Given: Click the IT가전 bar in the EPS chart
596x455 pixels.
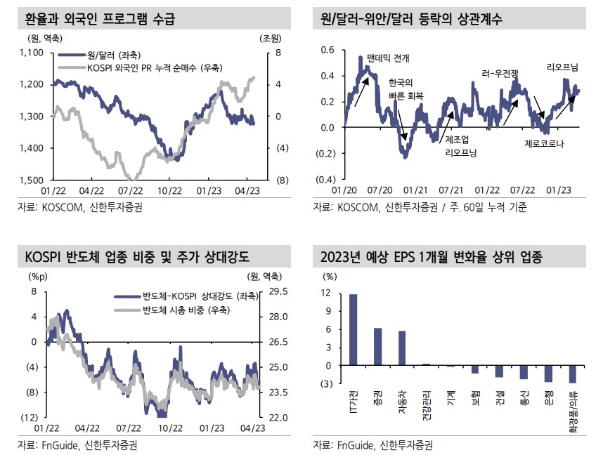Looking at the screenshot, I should (x=353, y=329).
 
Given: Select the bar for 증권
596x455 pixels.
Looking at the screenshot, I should (x=378, y=347).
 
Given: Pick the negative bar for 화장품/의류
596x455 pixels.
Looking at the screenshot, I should (x=573, y=374).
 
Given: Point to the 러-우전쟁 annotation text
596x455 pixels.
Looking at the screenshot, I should (x=500, y=72).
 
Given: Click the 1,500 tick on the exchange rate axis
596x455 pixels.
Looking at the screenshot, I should (x=32, y=180).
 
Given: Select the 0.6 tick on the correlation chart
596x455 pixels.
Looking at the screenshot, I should (x=328, y=50).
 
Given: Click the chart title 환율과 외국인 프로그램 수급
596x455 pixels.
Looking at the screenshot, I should (x=99, y=18).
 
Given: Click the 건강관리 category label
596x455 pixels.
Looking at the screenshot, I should (x=426, y=404).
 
